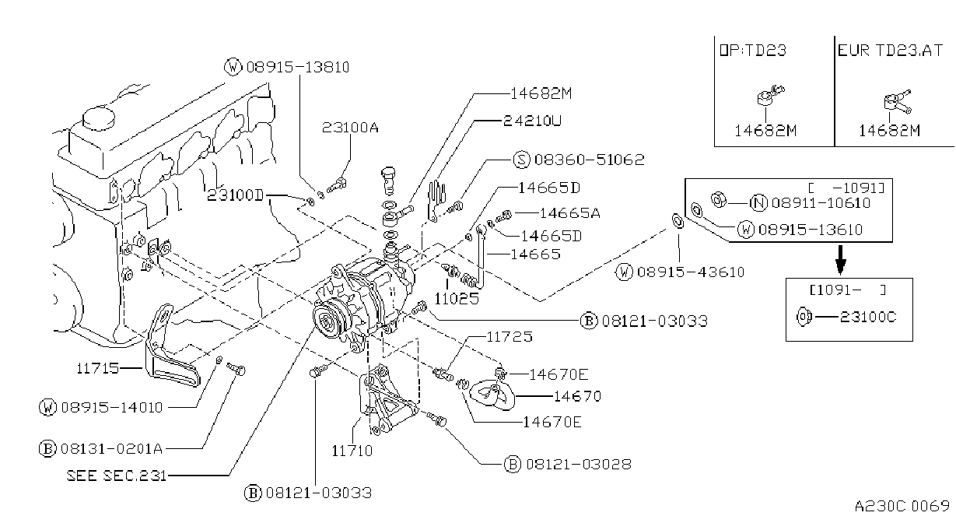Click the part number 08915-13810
tap(297, 68)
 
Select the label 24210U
tap(532, 121)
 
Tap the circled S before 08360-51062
tap(521, 160)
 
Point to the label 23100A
tap(350, 127)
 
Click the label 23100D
tap(236, 195)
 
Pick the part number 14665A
tap(569, 213)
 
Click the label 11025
tap(457, 298)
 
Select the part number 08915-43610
tap(691, 272)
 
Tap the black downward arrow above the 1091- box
tap(840, 260)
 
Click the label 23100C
tap(867, 317)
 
